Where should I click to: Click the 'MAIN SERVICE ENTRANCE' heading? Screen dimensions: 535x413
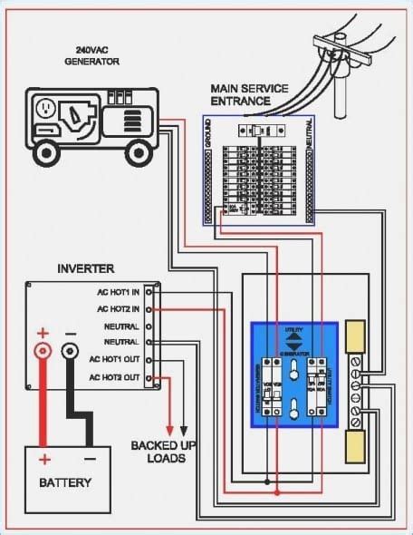click(x=250, y=93)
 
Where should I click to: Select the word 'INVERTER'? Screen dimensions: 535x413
click(x=86, y=269)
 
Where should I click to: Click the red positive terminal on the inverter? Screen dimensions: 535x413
click(x=42, y=349)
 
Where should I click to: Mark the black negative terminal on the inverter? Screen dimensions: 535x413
click(x=70, y=349)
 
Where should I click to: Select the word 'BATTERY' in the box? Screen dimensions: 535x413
click(x=65, y=482)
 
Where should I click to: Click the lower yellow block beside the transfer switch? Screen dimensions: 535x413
click(x=357, y=447)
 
